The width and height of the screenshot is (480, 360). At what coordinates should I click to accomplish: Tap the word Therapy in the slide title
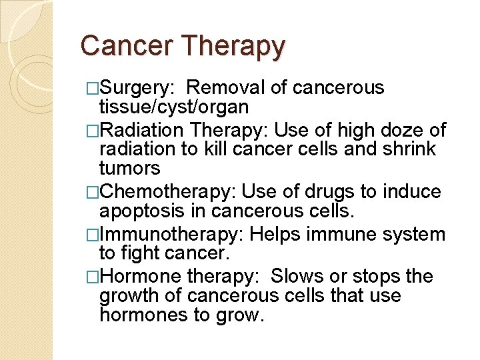tap(233, 47)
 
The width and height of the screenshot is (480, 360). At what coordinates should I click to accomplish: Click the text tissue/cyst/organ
tap(173, 107)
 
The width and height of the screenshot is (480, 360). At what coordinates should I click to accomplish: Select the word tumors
tap(129, 168)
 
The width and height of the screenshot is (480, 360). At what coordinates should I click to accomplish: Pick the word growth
tap(127, 295)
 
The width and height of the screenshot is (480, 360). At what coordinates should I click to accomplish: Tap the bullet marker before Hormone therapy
tap(93, 276)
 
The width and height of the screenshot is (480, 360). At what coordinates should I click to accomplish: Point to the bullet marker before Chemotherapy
tap(93, 193)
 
